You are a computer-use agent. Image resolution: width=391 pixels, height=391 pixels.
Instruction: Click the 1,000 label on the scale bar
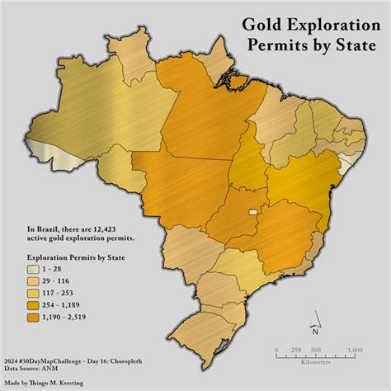pyautogui.click(x=355, y=350)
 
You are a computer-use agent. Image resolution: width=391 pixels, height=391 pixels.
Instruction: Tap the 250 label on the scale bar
pyautogui.click(x=295, y=350)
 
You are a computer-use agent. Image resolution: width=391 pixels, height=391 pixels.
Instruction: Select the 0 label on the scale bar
pyautogui.click(x=276, y=350)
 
